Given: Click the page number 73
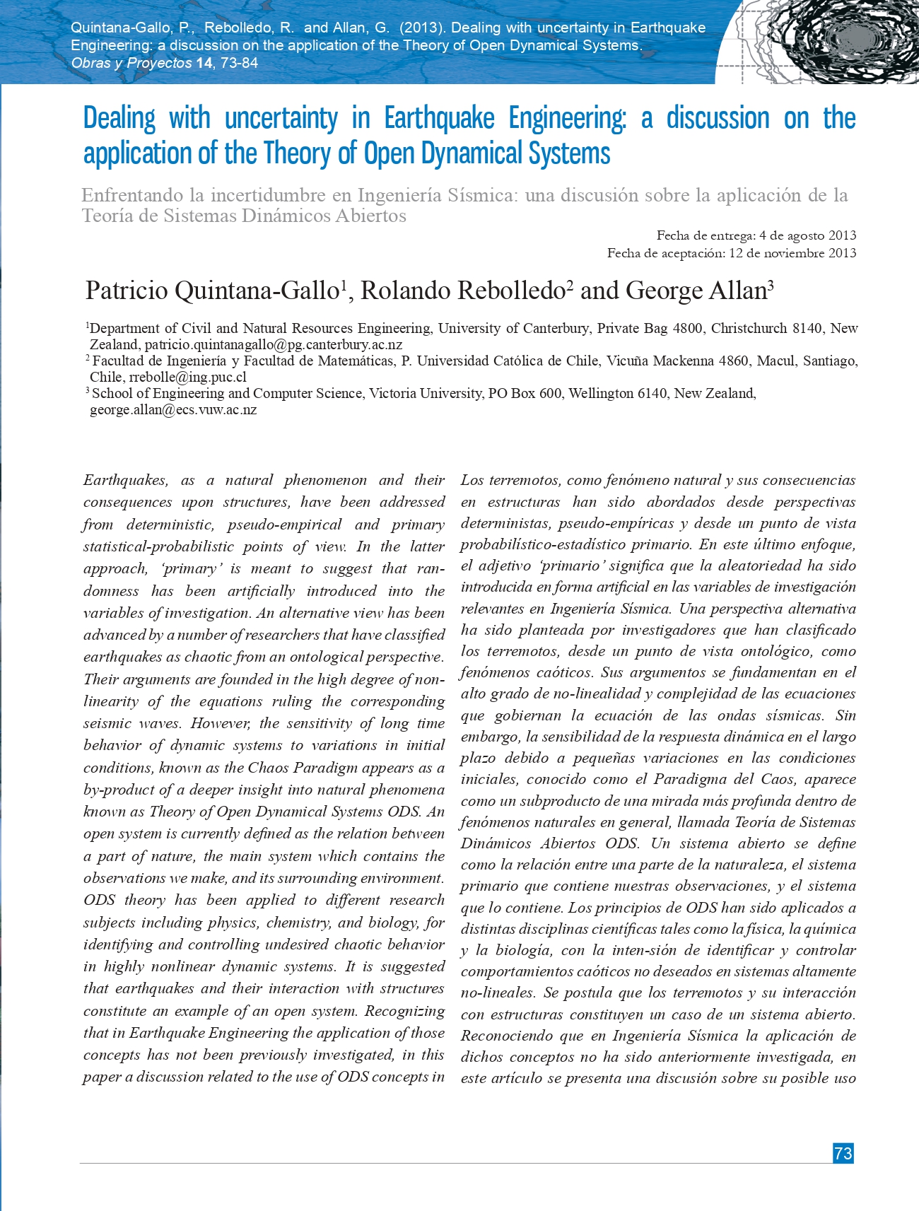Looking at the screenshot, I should click(843, 1153).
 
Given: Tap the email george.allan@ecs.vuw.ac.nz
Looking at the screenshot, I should click(172, 410).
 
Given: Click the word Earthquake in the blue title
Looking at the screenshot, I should click(439, 118).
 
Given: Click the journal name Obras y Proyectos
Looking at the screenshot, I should click(131, 63).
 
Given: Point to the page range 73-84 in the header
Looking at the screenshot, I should click(239, 63).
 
